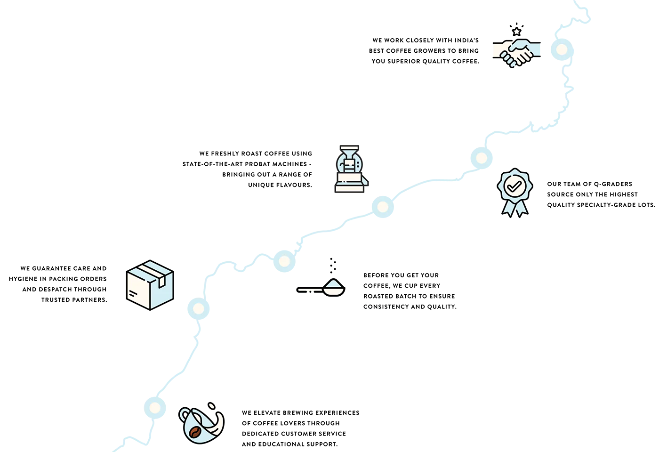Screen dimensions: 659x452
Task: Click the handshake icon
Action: (517, 53)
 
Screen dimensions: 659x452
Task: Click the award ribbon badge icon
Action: (514, 193)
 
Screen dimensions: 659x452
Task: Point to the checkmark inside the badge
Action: (514, 186)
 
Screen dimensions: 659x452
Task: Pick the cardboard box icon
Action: (150, 285)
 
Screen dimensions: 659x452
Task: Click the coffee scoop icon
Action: (321, 287)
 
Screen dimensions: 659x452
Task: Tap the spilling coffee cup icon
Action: (201, 423)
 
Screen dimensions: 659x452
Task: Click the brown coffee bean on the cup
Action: (195, 432)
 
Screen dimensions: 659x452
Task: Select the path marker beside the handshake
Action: (562, 49)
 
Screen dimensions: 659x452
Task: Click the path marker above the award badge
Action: (481, 158)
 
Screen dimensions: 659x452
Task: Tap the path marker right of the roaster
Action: (383, 207)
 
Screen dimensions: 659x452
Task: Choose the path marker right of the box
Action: (198, 309)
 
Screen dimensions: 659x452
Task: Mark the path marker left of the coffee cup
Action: (155, 408)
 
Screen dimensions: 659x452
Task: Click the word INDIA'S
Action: (466, 40)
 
